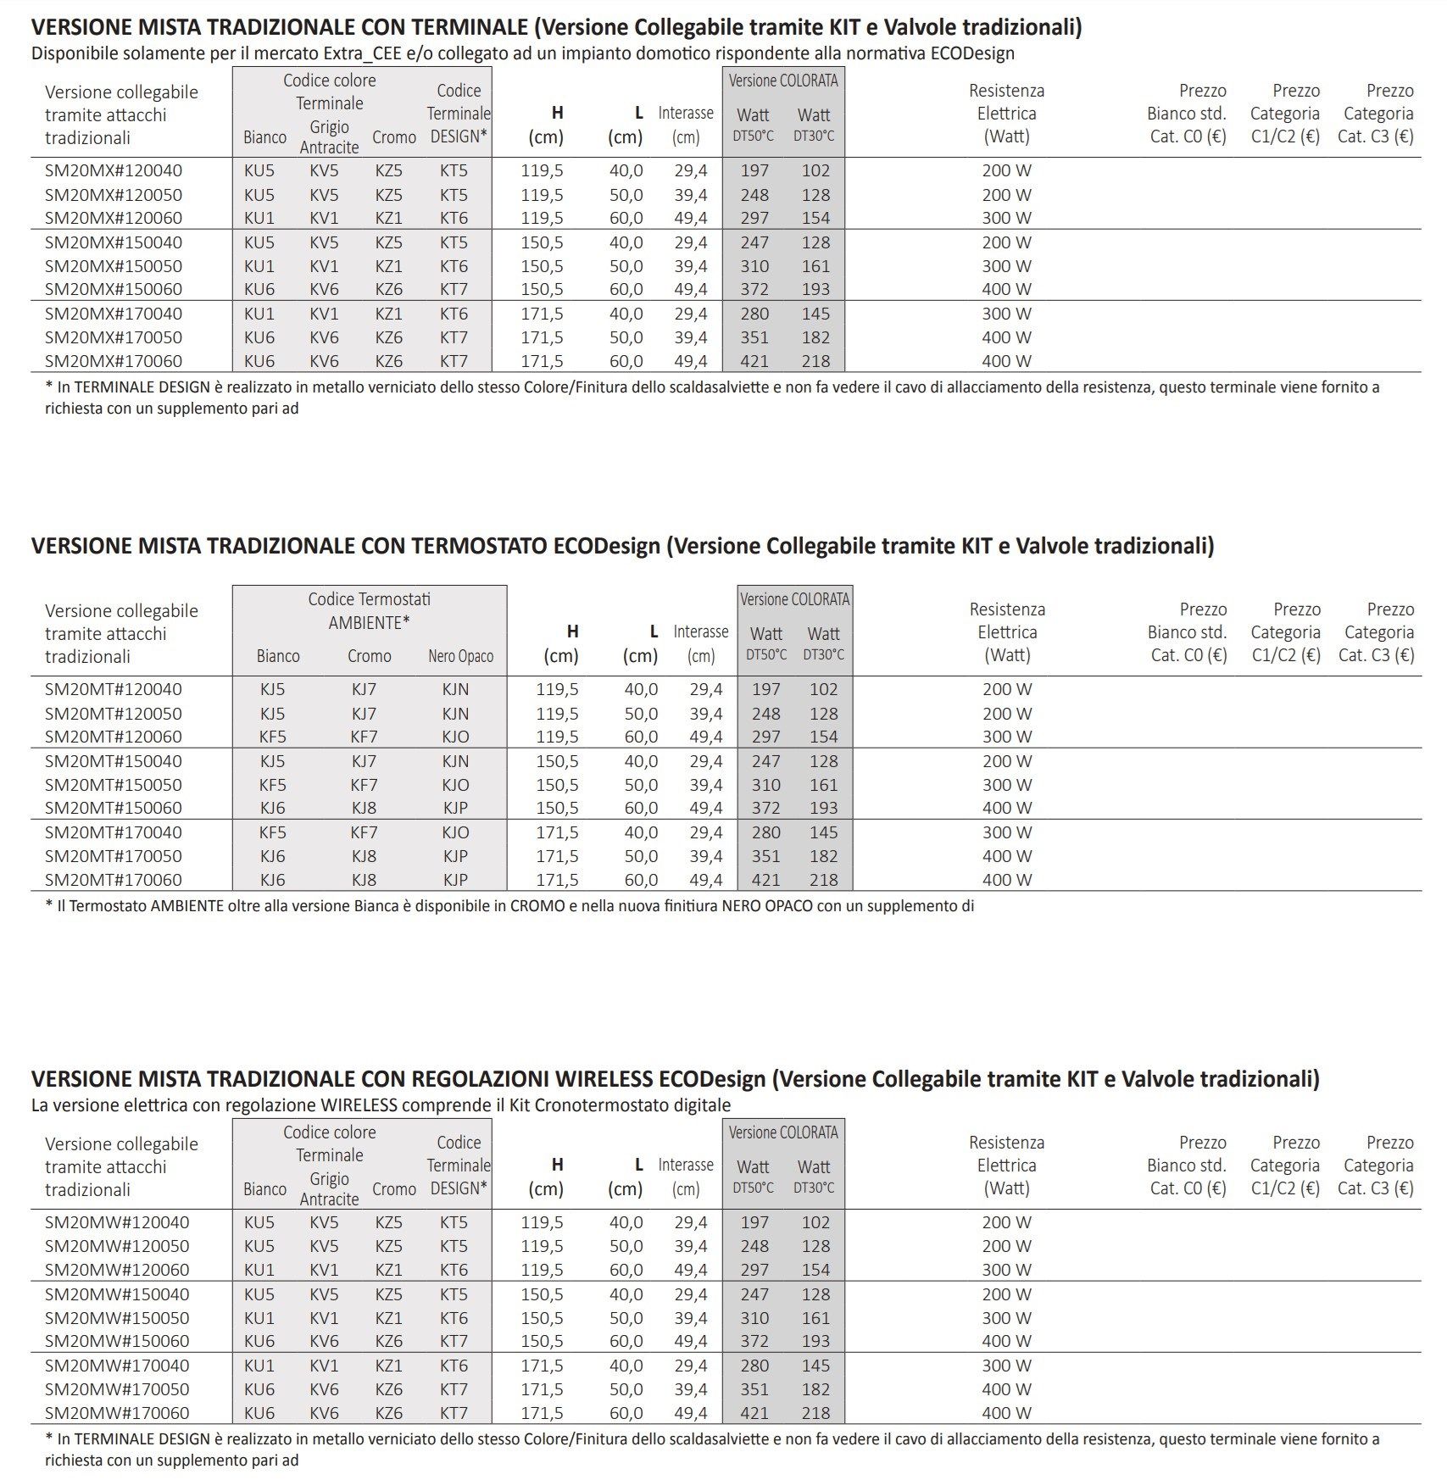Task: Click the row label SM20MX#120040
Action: click(x=113, y=170)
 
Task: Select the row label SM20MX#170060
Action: click(x=113, y=361)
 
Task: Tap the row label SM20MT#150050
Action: click(x=113, y=785)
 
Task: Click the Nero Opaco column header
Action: click(x=460, y=656)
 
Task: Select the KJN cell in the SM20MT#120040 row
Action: click(x=455, y=689)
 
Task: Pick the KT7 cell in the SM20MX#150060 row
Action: click(x=454, y=289)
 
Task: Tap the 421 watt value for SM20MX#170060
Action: click(x=754, y=361)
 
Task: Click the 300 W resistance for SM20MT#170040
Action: click(x=1007, y=832)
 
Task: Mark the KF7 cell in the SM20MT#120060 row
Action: click(x=364, y=737)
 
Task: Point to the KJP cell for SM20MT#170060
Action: click(x=455, y=880)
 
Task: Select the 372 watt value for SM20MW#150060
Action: click(x=754, y=1341)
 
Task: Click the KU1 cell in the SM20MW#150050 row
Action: click(x=259, y=1318)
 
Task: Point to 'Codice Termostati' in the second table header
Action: click(x=369, y=599)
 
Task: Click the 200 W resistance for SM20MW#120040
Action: click(x=1007, y=1222)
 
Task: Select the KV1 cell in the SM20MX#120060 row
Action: click(x=324, y=218)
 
